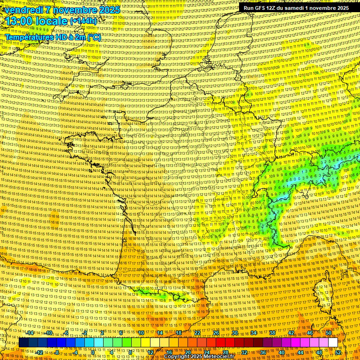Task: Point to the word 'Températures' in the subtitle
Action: click(28, 37)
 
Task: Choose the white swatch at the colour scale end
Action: click(333, 343)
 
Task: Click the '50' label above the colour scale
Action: click(328, 333)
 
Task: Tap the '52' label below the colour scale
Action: click(338, 352)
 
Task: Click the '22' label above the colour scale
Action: click(197, 333)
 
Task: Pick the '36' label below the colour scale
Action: click(263, 352)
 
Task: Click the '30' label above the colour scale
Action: click(235, 333)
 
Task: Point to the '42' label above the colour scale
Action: click(291, 333)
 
